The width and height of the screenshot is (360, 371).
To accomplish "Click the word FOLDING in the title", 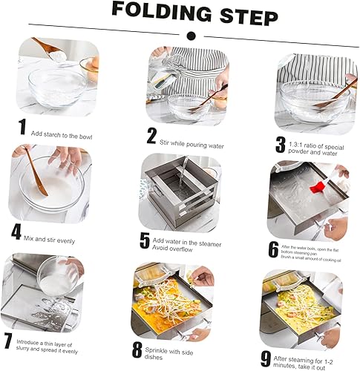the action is pos(162,12).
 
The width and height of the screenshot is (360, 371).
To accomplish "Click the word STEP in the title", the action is pos(249,16).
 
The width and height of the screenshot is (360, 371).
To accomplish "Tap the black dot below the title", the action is pos(192,36).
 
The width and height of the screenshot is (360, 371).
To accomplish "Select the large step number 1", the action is pos(23,127).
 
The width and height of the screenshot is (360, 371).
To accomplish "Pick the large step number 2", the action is pos(151,136).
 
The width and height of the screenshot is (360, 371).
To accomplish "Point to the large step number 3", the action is pos(281,145).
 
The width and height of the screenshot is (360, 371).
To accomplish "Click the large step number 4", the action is pos(16,232).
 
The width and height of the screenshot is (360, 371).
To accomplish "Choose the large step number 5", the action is pos(145,240).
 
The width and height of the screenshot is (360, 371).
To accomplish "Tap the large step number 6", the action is pos(273,249).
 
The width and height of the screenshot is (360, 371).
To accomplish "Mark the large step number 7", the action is pos(8,341).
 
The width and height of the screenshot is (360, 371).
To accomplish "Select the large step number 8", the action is pos(137,349).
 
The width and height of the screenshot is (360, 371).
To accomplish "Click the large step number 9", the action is pos(266,359).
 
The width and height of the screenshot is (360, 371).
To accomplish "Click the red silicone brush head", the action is pos(317,187).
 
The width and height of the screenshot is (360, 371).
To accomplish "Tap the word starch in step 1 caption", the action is pos(51,135).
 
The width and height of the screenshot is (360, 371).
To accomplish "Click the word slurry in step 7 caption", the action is pos(24,348).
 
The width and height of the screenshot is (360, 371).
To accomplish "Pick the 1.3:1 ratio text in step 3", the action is pos(295,145).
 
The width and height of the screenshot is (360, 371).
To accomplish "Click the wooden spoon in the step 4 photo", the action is pos(36,172).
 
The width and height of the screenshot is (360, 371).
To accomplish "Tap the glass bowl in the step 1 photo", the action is pos(57,87).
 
